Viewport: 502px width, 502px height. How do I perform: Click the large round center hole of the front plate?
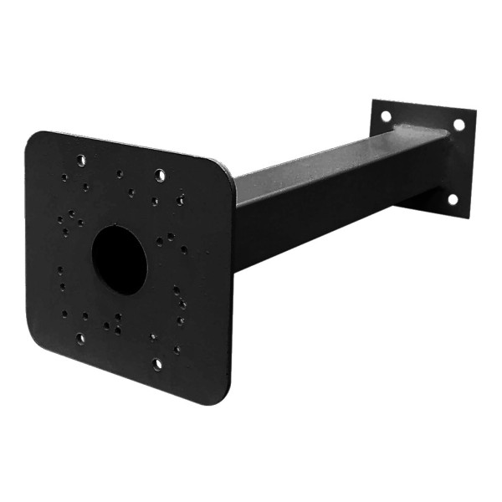point(119,259)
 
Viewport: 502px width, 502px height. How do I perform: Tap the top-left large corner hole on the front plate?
point(80,160)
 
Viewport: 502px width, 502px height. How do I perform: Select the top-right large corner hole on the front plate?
point(160,175)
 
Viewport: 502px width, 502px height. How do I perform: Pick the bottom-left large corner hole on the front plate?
point(80,339)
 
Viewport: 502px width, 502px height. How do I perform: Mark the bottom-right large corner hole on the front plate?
point(156,364)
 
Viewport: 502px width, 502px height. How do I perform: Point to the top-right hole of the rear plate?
point(458,125)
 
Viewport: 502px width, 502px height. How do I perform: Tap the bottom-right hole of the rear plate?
point(453,199)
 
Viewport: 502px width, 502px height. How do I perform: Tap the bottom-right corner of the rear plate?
point(464,216)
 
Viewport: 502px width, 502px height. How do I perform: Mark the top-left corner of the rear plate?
point(375,101)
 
